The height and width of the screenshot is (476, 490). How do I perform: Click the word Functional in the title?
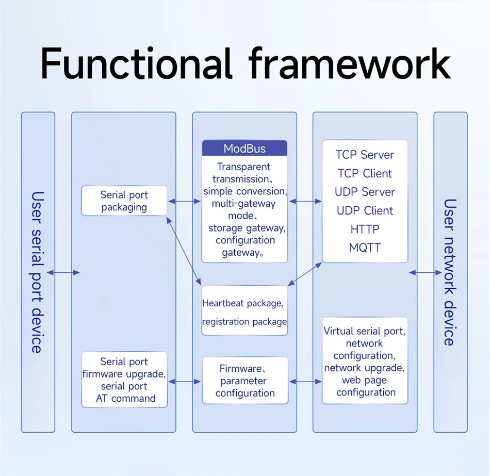tap(136, 63)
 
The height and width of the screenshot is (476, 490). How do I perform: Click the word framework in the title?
tap(350, 63)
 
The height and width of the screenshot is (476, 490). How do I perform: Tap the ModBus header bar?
tap(244, 148)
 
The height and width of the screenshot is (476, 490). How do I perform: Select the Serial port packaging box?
tap(124, 201)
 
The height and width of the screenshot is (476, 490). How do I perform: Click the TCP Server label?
tap(365, 155)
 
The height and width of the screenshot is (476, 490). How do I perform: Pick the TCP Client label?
tap(365, 173)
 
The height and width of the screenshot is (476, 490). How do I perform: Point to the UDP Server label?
tap(365, 192)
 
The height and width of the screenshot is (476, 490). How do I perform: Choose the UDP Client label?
tap(365, 210)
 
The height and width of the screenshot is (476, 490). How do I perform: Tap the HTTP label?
tap(365, 229)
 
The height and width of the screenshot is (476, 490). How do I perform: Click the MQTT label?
tap(365, 248)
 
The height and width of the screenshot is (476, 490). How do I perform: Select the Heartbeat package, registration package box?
tap(244, 310)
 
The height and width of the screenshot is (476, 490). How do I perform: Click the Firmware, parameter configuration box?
tap(245, 381)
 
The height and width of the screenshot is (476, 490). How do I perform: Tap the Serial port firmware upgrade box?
tap(124, 380)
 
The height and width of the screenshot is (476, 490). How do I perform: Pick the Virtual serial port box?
tap(365, 360)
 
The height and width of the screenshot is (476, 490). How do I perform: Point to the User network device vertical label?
tap(450, 272)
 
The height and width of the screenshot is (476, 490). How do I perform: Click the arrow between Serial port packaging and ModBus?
tap(184, 201)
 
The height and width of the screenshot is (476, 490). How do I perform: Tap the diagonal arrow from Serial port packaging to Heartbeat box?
tap(184, 251)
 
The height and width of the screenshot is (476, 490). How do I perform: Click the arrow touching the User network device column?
tap(426, 272)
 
